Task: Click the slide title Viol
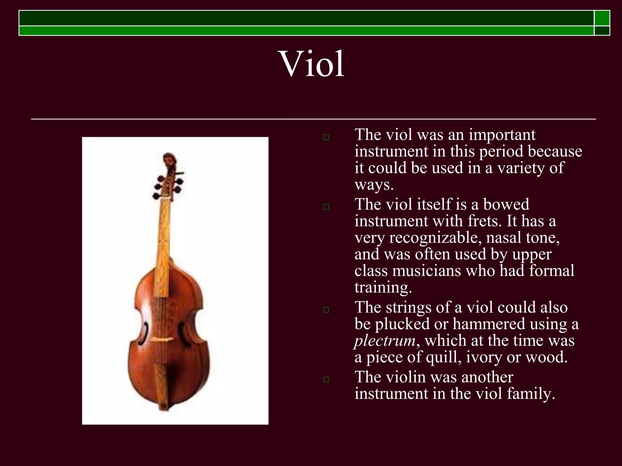point(312,64)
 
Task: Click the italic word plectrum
point(385,340)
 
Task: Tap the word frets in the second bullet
point(483,221)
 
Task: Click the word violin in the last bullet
point(405,377)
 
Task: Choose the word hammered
point(489,324)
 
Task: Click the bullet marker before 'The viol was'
point(326,137)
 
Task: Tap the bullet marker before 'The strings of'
point(326,310)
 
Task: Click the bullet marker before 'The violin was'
point(326,379)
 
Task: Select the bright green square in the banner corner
point(602,18)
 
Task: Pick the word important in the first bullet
point(502,135)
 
